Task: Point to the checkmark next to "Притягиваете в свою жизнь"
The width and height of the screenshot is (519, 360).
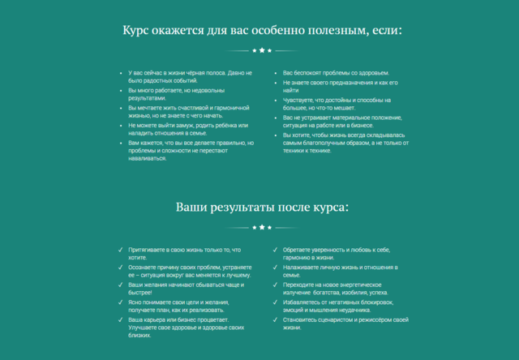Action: point(120,250)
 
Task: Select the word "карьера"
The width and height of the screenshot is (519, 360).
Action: point(154,319)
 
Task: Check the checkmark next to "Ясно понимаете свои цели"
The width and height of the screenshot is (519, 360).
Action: point(120,302)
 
